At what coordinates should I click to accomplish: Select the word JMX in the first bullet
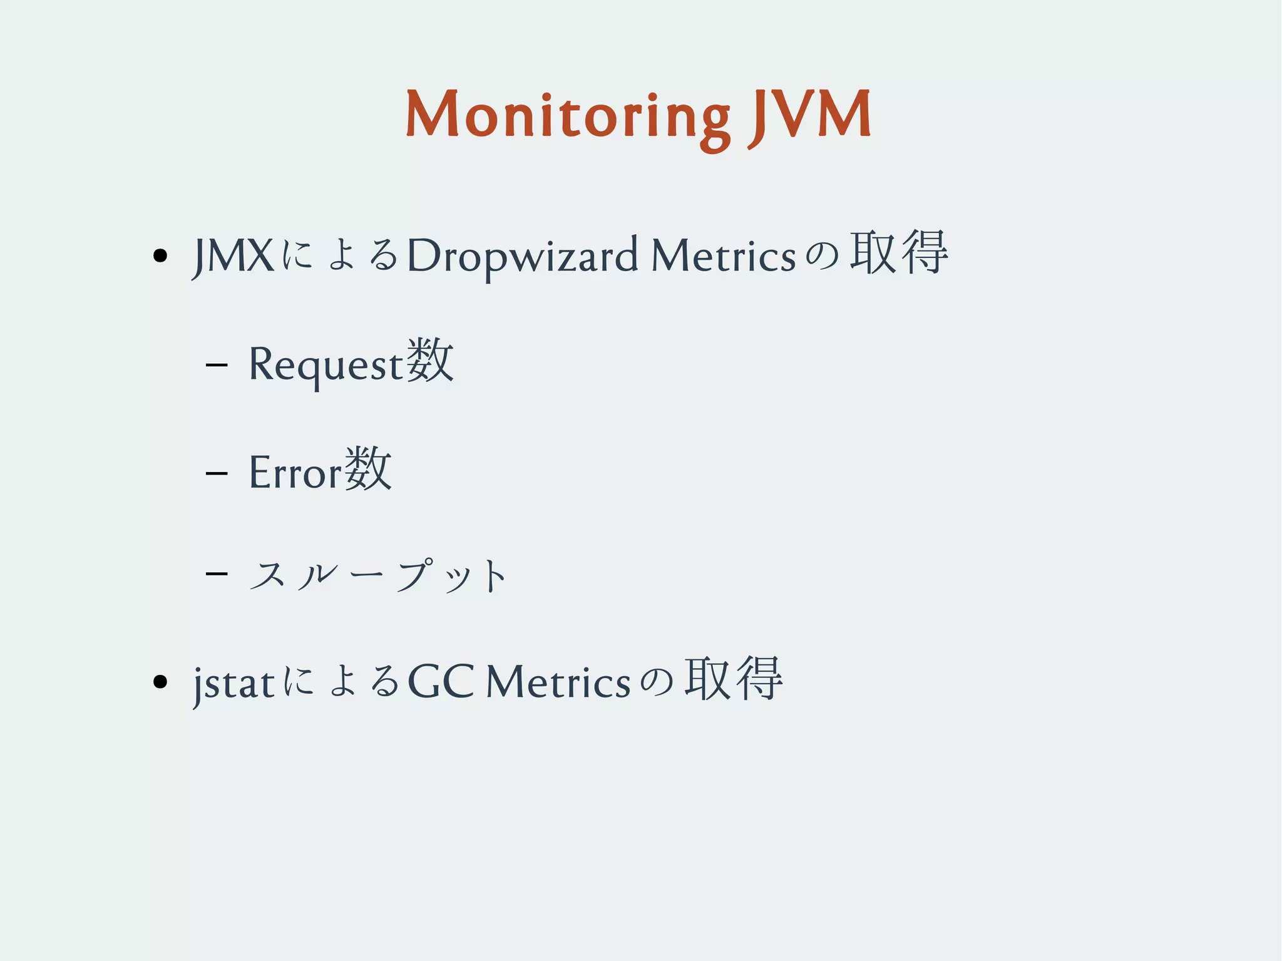[x=233, y=255]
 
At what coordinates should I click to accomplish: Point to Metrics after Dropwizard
[x=723, y=255]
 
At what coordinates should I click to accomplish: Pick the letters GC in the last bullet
[x=440, y=681]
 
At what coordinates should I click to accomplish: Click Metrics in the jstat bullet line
[x=558, y=681]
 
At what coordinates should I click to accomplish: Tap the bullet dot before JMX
[x=160, y=255]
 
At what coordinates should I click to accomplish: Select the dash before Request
[x=216, y=362]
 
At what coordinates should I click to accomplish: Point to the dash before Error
[x=216, y=471]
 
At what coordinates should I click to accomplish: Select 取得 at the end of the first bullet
[x=898, y=253]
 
